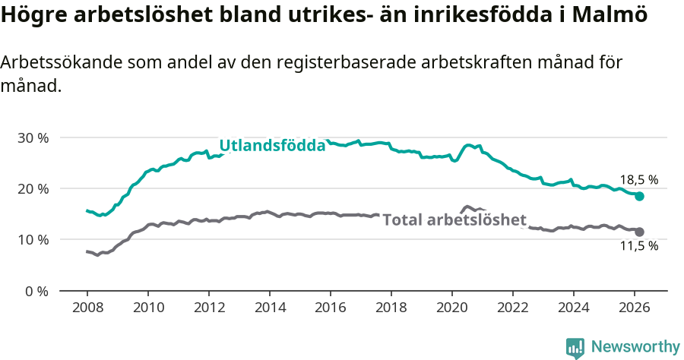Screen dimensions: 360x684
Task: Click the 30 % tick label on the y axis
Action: [33, 138]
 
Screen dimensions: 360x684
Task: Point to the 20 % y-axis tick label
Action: [33, 189]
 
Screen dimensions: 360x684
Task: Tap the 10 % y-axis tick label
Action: [33, 240]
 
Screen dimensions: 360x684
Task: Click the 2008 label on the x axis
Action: [87, 309]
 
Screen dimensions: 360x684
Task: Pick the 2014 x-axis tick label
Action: [269, 309]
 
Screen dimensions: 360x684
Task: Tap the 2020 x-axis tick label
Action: [451, 309]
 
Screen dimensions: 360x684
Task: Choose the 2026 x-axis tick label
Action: [634, 309]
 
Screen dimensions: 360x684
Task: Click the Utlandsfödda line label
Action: [272, 146]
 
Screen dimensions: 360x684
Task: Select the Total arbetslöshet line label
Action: [454, 220]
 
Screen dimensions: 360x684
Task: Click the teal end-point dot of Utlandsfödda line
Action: [640, 196]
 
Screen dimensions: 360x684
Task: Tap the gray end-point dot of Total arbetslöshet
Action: [640, 232]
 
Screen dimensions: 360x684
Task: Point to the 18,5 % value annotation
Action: [639, 180]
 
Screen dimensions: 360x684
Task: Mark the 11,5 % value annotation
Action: [639, 246]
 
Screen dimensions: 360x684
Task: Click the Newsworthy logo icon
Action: [575, 348]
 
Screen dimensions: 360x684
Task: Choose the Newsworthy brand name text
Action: [635, 347]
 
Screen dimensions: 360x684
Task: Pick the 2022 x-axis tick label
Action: [512, 309]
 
